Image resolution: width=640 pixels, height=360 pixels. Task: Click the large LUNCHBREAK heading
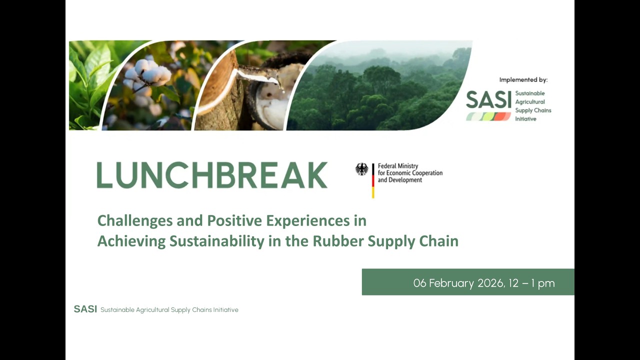click(212, 175)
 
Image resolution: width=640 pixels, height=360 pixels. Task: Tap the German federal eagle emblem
click(361, 169)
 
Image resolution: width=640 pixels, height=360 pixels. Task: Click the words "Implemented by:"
click(523, 79)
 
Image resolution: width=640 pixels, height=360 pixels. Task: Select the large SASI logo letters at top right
click(488, 100)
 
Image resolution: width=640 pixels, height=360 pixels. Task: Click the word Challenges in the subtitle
click(136, 220)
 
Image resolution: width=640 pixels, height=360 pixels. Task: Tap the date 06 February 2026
click(457, 283)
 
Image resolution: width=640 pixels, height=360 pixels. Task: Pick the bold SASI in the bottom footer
click(85, 309)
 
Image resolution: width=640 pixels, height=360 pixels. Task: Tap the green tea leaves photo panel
click(90, 80)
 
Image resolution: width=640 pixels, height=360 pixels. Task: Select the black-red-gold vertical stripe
click(373, 180)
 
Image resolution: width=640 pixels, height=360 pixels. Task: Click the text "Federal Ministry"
click(397, 166)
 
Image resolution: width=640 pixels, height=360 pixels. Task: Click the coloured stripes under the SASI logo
click(488, 116)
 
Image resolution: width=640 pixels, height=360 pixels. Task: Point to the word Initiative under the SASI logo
click(525, 119)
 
